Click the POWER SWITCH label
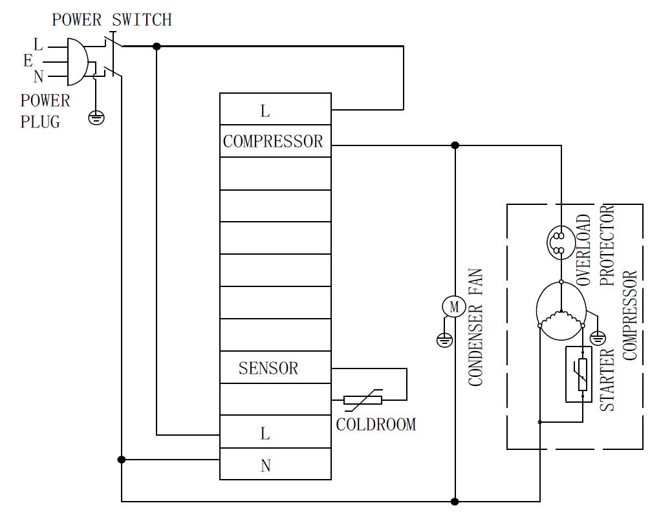click(x=112, y=20)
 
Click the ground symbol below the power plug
click(x=96, y=117)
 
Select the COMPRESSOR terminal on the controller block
click(x=275, y=141)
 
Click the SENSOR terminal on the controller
click(x=275, y=368)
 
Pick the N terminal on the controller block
click(x=275, y=465)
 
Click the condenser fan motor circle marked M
click(x=454, y=307)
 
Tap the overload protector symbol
click(x=560, y=242)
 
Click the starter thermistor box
click(x=579, y=374)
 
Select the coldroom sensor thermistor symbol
click(x=363, y=400)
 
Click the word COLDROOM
click(x=376, y=425)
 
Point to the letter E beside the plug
click(x=28, y=61)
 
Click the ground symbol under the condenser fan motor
click(x=444, y=340)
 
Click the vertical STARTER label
click(x=607, y=380)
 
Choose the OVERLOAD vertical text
click(x=583, y=251)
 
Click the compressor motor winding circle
click(x=561, y=311)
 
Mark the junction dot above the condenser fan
click(x=455, y=145)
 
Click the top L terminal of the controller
click(x=275, y=110)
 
